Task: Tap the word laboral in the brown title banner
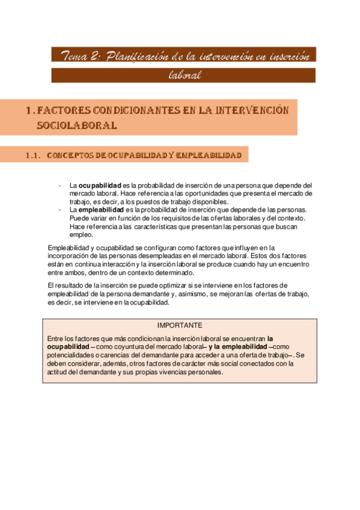click(x=183, y=76)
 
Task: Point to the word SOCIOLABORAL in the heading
click(x=76, y=126)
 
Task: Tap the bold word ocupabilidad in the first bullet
click(x=100, y=185)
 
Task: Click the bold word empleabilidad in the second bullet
click(x=103, y=210)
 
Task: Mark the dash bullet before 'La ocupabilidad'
click(x=59, y=185)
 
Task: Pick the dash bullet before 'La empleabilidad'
click(x=59, y=210)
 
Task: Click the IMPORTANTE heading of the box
click(x=180, y=325)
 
